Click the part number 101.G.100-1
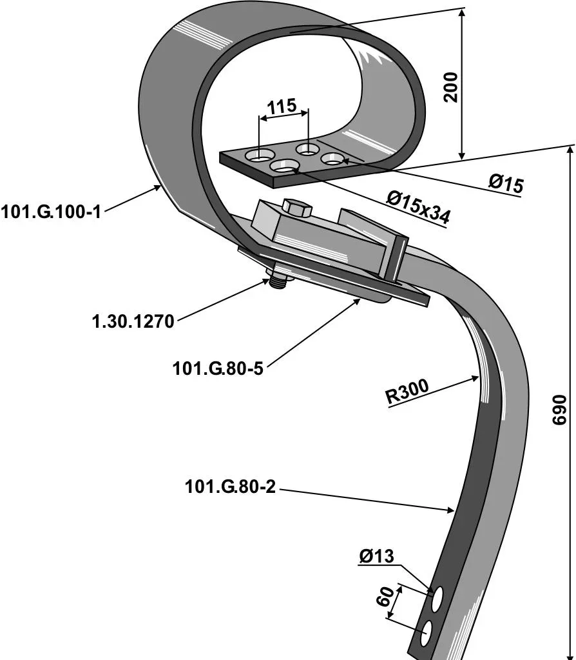point(51,211)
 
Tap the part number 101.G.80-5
point(218,368)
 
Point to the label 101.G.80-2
point(230,486)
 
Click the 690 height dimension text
point(559,410)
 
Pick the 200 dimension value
point(450,86)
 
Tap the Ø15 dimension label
point(506,184)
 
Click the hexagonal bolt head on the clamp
point(296,208)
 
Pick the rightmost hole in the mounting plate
point(332,159)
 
